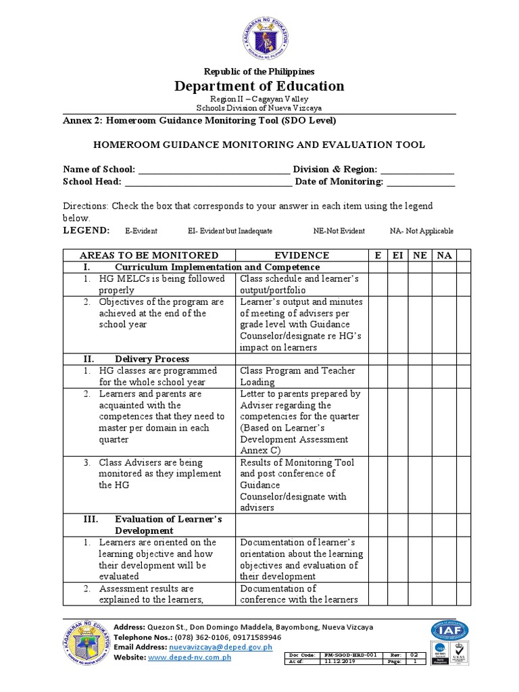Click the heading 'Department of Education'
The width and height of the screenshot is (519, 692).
tap(260, 86)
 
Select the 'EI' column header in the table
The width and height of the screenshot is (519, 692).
tap(399, 255)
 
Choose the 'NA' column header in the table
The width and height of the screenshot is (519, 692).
tap(444, 255)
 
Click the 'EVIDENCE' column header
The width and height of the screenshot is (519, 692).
tap(301, 255)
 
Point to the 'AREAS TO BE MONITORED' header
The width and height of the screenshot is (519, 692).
tap(149, 255)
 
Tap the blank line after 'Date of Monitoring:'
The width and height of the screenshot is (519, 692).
tap(420, 182)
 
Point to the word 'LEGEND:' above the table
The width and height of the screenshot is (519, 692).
tap(86, 230)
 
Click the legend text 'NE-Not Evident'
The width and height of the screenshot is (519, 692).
tap(339, 231)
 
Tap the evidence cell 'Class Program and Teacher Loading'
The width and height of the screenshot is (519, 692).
tap(297, 376)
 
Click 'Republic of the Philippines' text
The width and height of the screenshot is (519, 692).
tap(260, 72)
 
